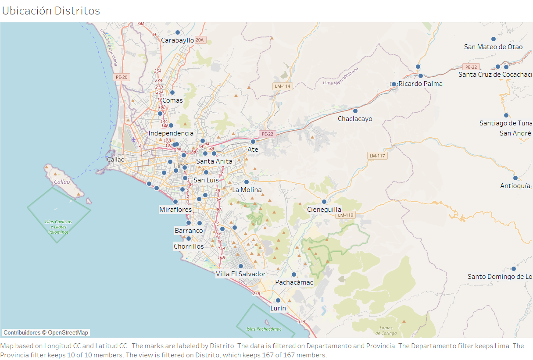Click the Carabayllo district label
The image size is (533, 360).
click(177, 40)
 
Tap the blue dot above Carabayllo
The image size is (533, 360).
click(178, 32)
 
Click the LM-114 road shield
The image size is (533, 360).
click(283, 86)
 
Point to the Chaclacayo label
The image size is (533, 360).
click(355, 119)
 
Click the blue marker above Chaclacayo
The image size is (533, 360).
click(355, 111)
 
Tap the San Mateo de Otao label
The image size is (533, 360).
click(493, 47)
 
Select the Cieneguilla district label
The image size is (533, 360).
click(324, 210)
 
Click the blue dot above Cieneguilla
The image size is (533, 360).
click(324, 202)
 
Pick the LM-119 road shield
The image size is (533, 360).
click(345, 215)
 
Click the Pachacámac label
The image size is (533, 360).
click(294, 282)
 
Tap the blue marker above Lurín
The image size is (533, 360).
click(278, 300)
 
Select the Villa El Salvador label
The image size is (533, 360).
click(240, 274)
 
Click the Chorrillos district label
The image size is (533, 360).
click(189, 246)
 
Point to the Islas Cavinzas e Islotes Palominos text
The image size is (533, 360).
click(58, 227)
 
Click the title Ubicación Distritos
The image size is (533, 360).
click(51, 11)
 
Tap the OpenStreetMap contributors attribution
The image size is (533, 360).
click(46, 332)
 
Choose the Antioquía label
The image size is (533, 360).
click(515, 186)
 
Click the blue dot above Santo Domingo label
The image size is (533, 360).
click(514, 269)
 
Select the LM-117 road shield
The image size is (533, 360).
click(377, 156)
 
